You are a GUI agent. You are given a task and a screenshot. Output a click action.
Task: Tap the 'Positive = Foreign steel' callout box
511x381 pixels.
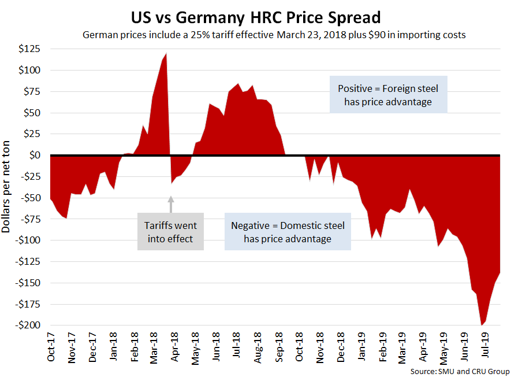[x=388, y=95]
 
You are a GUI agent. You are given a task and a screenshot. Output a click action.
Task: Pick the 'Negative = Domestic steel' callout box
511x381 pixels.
[x=288, y=232]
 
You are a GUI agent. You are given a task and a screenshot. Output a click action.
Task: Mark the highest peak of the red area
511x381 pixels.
[x=166, y=54]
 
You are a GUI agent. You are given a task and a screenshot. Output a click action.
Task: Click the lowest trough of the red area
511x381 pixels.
[x=482, y=324]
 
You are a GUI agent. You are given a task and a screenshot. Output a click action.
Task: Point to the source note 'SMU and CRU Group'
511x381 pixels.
[x=461, y=371]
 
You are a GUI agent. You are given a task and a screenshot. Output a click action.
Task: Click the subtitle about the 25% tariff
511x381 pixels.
[x=274, y=35]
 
